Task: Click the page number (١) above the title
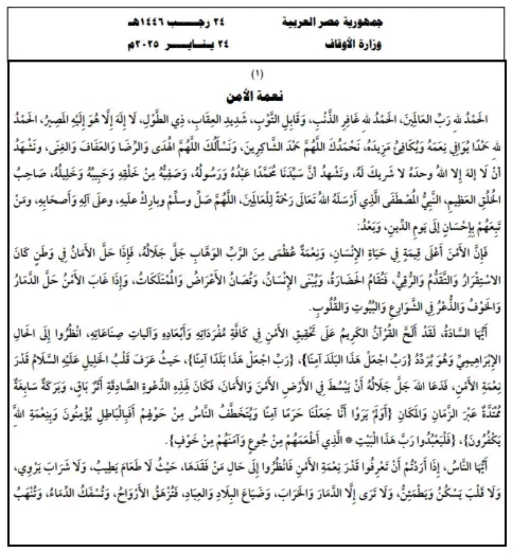click(257, 75)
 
